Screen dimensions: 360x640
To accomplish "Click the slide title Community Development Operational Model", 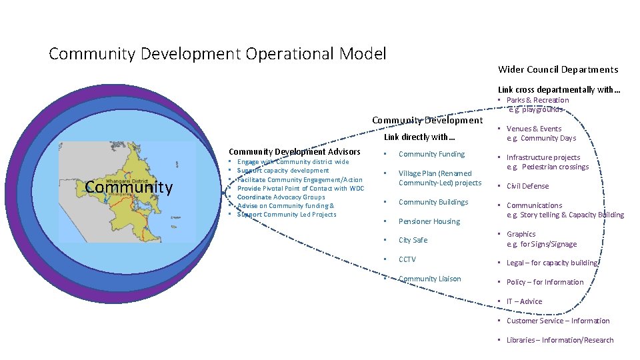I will pyautogui.click(x=217, y=53).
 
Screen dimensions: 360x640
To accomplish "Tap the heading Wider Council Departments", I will pyautogui.click(x=558, y=69).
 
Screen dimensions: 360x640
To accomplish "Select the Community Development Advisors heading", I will pyautogui.click(x=294, y=152).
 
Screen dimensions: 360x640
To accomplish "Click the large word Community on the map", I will pyautogui.click(x=129, y=187).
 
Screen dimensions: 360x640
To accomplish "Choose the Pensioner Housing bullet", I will pyautogui.click(x=429, y=221).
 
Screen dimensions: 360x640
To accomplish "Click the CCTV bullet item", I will pyautogui.click(x=407, y=259).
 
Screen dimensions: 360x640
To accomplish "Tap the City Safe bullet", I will pyautogui.click(x=413, y=240).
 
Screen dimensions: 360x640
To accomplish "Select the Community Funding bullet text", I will pyautogui.click(x=431, y=154).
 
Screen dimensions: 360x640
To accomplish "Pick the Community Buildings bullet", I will pyautogui.click(x=433, y=202).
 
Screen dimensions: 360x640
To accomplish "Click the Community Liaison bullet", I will pyautogui.click(x=429, y=279).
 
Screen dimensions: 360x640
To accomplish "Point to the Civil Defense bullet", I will pyautogui.click(x=527, y=186).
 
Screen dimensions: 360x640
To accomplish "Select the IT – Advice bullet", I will pyautogui.click(x=524, y=301).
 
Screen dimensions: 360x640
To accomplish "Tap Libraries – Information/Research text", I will pyautogui.click(x=559, y=340).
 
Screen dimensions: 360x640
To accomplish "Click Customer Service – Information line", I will pyautogui.click(x=557, y=321).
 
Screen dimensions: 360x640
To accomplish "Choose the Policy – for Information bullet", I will pyautogui.click(x=545, y=282).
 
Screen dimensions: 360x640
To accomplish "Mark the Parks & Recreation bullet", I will pyautogui.click(x=537, y=100).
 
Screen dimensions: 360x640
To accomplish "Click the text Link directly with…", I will pyautogui.click(x=420, y=137).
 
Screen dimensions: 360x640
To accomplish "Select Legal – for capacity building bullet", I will pyautogui.click(x=552, y=263).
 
